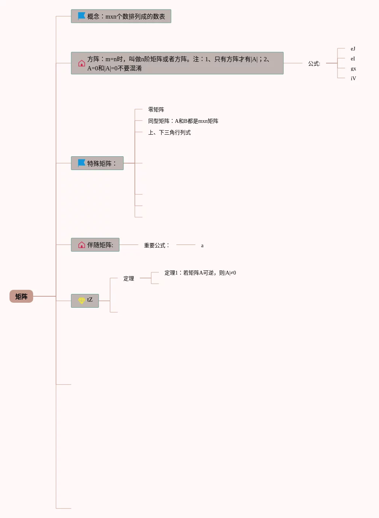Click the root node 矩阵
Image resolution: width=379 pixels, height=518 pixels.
click(x=21, y=296)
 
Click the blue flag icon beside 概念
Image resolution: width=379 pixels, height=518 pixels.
click(x=82, y=16)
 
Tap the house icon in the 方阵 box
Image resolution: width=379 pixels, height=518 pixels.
click(x=82, y=63)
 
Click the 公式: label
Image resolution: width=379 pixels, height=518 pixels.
click(x=314, y=64)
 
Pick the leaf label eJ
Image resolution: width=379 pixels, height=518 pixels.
click(x=353, y=49)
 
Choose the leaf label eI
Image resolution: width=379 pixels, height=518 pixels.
click(x=353, y=59)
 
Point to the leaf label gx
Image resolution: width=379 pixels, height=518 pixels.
click(x=353, y=68)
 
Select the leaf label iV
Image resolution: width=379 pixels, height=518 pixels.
click(x=353, y=78)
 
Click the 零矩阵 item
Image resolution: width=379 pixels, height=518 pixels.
click(x=156, y=110)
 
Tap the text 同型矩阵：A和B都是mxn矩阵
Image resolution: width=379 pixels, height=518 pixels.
click(x=183, y=121)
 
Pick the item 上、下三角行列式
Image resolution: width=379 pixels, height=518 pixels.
click(x=170, y=132)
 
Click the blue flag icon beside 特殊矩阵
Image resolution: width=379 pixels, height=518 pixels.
click(x=82, y=163)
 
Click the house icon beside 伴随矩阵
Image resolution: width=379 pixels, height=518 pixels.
click(x=82, y=245)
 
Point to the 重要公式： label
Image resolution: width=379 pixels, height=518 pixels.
click(x=157, y=245)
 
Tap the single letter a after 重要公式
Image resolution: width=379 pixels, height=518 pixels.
click(x=202, y=246)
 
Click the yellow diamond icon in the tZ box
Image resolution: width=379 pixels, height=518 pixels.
click(x=82, y=300)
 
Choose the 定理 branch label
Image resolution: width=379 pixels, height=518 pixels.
click(x=129, y=278)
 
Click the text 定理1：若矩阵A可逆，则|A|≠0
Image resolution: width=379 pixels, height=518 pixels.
click(x=200, y=273)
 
